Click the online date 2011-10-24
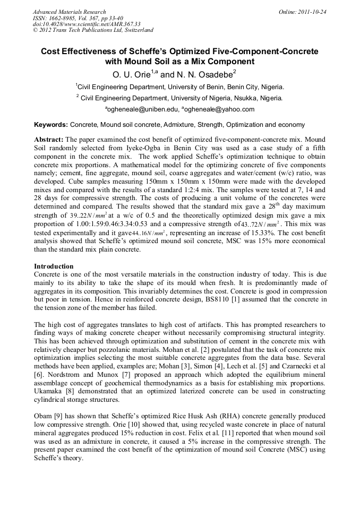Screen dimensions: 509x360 [313, 12]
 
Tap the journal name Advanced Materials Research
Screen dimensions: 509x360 [69, 12]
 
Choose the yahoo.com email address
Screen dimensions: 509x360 [220, 109]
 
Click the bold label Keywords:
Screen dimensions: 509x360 [51, 125]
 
